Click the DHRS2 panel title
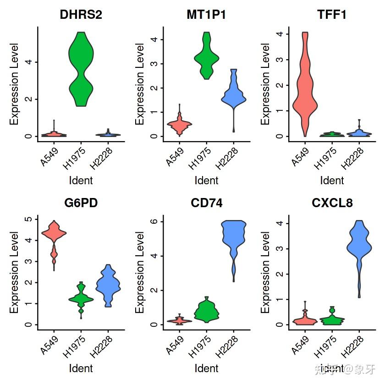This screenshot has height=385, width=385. click(x=81, y=15)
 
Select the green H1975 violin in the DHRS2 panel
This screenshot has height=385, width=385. click(x=81, y=69)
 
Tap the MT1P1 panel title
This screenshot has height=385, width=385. click(x=206, y=15)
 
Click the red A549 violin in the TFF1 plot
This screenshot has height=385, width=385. click(x=305, y=87)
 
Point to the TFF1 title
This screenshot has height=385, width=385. click(x=332, y=15)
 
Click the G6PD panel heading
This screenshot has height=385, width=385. click(x=81, y=203)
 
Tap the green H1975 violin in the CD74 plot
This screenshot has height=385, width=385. click(x=206, y=311)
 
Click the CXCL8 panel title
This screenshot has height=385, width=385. click(x=332, y=203)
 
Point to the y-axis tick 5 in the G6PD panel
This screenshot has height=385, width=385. click(x=28, y=219)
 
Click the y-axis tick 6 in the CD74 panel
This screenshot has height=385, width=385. click(x=154, y=221)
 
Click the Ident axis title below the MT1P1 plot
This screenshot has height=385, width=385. click(x=206, y=180)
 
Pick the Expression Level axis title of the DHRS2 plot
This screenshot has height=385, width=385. click(x=14, y=84)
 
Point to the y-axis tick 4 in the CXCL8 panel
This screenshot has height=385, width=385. click(x=280, y=223)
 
